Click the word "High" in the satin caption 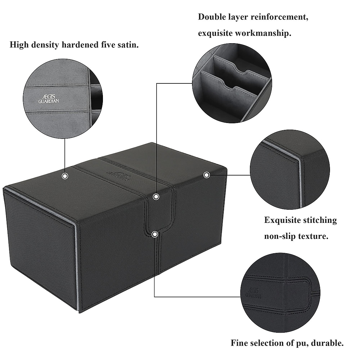point(19,45)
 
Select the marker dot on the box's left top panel point(65,176)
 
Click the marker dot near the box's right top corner point(206,175)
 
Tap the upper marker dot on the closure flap point(156,197)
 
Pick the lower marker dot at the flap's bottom point(155,234)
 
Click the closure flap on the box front point(156,213)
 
